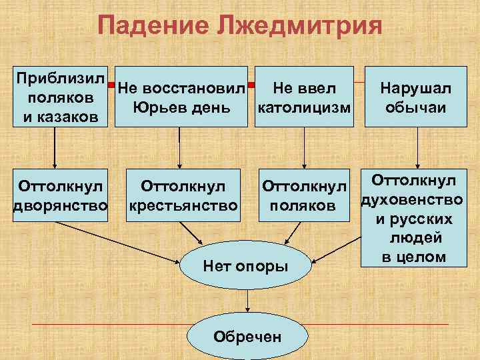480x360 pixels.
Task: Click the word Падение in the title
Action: coord(148,27)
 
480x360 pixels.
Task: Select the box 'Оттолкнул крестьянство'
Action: coord(181,194)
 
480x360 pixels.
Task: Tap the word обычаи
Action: coord(415,107)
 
